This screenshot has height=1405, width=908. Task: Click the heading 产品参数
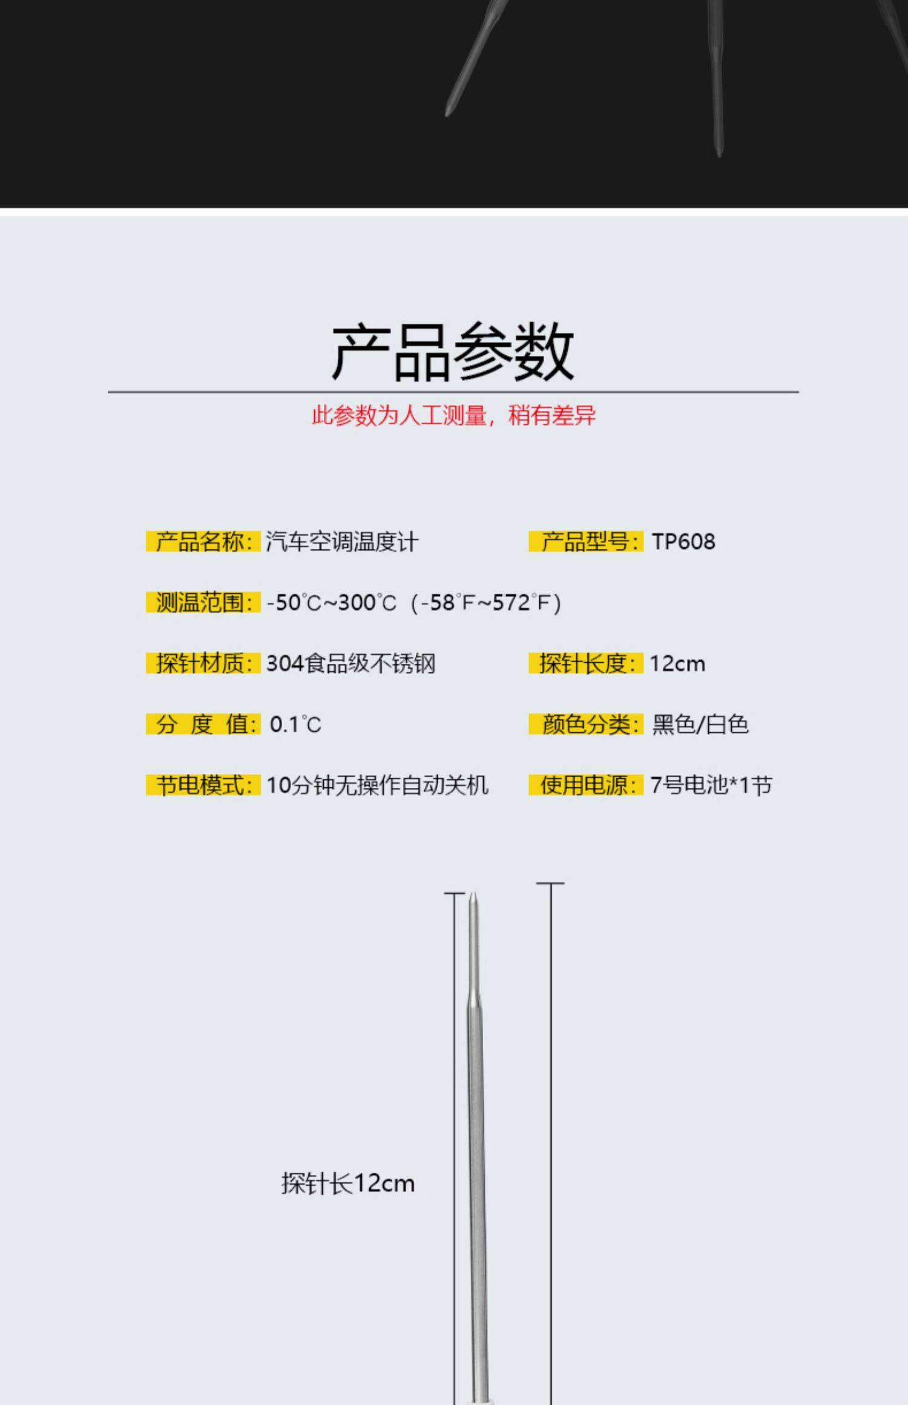click(453, 352)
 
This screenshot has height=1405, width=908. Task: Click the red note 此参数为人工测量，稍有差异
click(453, 416)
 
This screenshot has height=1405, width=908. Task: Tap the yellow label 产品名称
click(203, 542)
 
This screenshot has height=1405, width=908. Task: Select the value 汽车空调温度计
click(342, 542)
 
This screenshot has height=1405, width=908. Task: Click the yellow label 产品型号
click(585, 542)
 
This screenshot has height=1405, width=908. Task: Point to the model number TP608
click(683, 542)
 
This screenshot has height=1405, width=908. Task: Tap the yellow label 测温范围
click(203, 603)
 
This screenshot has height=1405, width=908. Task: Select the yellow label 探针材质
click(203, 663)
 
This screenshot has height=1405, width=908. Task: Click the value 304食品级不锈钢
click(351, 663)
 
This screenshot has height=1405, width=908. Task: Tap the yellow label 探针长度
click(585, 663)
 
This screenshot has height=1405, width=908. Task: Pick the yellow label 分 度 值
click(203, 724)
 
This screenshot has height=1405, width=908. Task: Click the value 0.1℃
click(295, 724)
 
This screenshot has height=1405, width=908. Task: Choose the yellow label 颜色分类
click(585, 724)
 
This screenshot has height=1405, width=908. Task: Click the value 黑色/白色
click(700, 724)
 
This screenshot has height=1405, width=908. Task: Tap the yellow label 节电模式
click(203, 785)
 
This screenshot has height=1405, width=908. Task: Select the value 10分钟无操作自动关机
click(377, 785)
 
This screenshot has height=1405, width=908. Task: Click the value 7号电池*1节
click(711, 785)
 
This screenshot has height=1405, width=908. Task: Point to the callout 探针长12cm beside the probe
click(348, 1183)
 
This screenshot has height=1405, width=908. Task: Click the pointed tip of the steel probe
click(473, 896)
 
